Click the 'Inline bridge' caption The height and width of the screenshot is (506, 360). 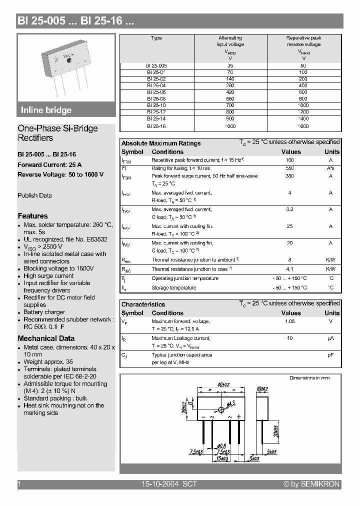pos(46,110)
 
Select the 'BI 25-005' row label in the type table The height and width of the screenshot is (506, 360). pos(156,65)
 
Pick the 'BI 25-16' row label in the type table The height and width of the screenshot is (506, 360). pos(156,126)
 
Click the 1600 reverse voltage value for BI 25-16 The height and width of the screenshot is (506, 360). pos(303,126)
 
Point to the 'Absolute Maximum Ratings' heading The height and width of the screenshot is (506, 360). pos(161,143)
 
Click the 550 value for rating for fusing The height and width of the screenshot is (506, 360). pos(289,168)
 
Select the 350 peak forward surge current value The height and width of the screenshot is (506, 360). pos(289,176)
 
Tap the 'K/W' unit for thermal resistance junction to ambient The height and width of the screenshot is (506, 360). pos(331,260)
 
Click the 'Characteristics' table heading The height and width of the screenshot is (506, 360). pos(143,304)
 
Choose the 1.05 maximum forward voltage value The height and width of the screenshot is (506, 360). pos(289,321)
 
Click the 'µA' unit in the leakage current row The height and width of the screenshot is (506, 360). pos(331,338)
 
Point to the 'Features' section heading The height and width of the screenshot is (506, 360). pos(33,216)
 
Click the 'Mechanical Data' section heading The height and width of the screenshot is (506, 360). pos(46,338)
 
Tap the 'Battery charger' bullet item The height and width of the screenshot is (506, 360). pos(44,312)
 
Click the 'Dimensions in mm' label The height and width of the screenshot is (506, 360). pos(309,378)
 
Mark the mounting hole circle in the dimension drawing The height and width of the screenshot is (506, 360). pos(221,409)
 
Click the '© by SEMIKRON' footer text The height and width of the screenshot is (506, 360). pos(311,484)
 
